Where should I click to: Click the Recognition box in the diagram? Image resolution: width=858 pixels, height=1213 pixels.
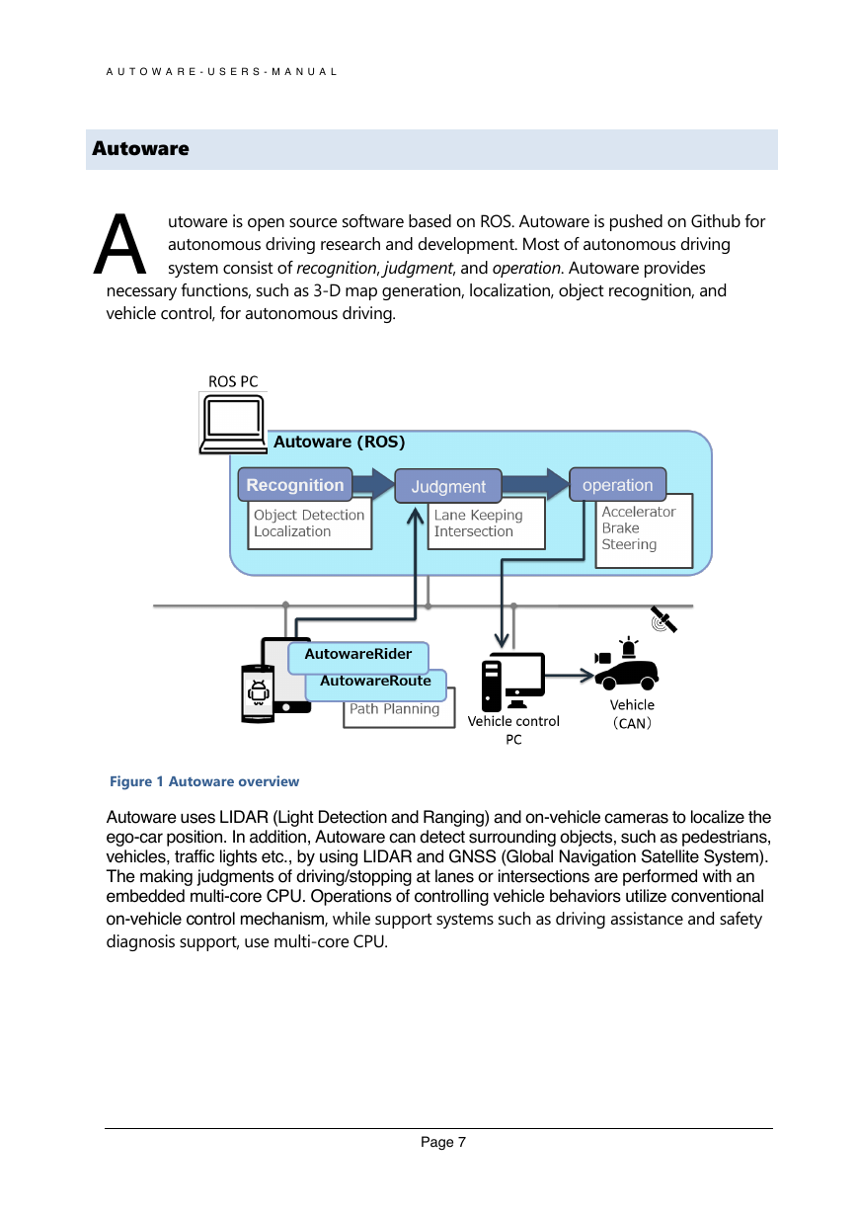[x=295, y=484]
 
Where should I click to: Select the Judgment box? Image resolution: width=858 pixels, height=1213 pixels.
[x=448, y=486]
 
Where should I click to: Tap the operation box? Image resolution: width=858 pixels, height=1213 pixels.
[x=618, y=484]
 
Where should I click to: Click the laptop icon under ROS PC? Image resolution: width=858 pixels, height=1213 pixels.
[x=233, y=424]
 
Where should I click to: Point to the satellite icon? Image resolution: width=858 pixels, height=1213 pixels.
[x=663, y=619]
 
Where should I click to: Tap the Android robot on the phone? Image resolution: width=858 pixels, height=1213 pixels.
[x=259, y=691]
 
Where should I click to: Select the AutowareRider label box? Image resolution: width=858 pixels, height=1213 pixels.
[x=358, y=658]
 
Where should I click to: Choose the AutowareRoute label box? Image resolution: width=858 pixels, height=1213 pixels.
[x=375, y=685]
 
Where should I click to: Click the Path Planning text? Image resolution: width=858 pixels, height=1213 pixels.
[x=394, y=708]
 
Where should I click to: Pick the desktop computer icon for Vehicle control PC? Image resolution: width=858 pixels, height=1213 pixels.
[x=512, y=682]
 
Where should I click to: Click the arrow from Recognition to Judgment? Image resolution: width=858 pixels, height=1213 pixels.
[x=373, y=483]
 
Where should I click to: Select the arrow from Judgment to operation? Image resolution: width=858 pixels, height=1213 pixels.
[x=535, y=484]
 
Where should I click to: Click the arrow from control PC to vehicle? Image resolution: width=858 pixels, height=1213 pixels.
[x=570, y=676]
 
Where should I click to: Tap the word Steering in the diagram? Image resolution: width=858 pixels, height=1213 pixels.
[x=629, y=545]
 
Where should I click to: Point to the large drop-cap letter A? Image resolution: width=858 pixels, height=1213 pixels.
[x=119, y=244]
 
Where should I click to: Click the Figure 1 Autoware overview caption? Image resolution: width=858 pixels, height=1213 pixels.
[x=204, y=781]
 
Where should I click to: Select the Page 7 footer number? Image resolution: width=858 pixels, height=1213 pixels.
[x=442, y=1142]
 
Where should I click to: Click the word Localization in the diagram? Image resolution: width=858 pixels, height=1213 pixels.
[x=292, y=531]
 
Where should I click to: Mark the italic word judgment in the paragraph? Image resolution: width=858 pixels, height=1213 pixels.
[x=418, y=268]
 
